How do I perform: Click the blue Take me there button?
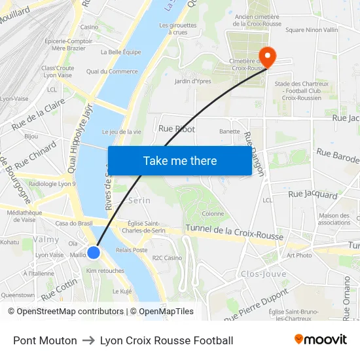point(179,160)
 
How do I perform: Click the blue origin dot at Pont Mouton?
point(94,252)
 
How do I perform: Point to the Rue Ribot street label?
point(177,129)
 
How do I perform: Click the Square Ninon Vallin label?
point(312,29)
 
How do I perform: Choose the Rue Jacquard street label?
point(313,194)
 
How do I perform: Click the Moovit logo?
point(320,340)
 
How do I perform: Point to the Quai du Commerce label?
point(112,71)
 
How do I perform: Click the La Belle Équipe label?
point(120,52)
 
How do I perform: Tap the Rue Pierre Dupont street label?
point(256,306)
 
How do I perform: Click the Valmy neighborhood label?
point(46,240)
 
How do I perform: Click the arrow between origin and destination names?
point(88,340)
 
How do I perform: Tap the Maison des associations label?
point(334,219)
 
